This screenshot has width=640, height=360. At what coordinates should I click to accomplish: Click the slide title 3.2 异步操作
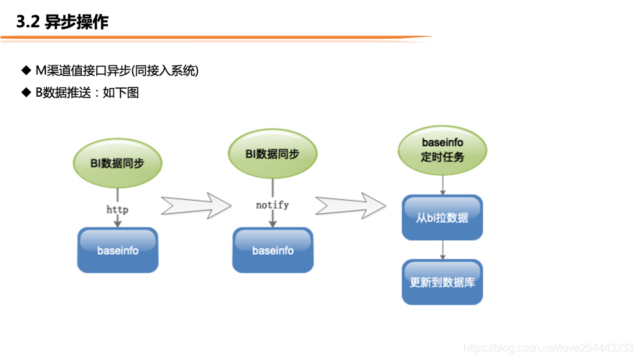pyautogui.click(x=63, y=22)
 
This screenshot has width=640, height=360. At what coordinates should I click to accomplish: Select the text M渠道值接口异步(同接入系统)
pyautogui.click(x=117, y=71)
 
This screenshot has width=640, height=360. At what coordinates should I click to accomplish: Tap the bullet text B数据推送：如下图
pyautogui.click(x=87, y=93)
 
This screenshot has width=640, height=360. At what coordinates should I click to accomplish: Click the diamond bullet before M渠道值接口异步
pyautogui.click(x=26, y=71)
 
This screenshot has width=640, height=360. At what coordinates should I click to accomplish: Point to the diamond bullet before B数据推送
pyautogui.click(x=26, y=93)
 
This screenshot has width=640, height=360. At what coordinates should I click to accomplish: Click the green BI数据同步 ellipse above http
pyautogui.click(x=117, y=163)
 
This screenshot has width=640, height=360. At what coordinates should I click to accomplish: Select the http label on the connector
pyautogui.click(x=117, y=209)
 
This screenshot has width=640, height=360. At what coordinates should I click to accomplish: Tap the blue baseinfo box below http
pyautogui.click(x=118, y=250)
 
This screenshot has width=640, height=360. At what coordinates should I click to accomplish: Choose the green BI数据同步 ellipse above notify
pyautogui.click(x=272, y=154)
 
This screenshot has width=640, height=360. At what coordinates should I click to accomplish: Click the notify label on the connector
pyautogui.click(x=272, y=205)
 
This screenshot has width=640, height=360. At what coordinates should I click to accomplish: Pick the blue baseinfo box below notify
pyautogui.click(x=273, y=250)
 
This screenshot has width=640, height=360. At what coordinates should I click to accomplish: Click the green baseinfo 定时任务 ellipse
pyautogui.click(x=442, y=150)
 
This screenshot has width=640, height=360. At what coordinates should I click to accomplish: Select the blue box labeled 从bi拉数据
pyautogui.click(x=442, y=217)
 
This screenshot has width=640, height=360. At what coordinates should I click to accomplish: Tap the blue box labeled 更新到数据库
pyautogui.click(x=442, y=282)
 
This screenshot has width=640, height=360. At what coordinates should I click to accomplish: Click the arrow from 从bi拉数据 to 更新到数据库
pyautogui.click(x=442, y=250)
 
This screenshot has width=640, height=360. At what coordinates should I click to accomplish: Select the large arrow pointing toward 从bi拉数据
pyautogui.click(x=350, y=205)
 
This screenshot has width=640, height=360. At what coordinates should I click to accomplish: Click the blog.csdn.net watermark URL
pyautogui.click(x=548, y=347)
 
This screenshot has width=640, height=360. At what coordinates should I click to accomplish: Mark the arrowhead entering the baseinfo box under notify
pyautogui.click(x=272, y=224)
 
